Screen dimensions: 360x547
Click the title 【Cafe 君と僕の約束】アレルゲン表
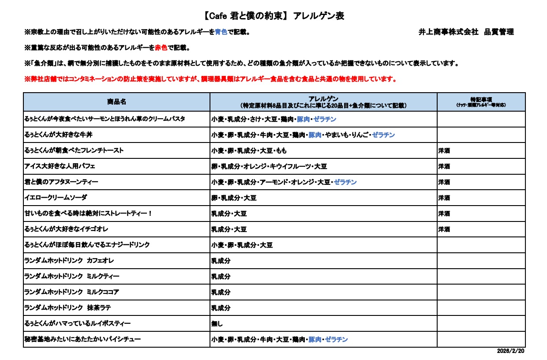click(274, 16)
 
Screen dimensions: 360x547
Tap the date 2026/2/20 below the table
click(511, 351)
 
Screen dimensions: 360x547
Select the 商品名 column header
click(116, 102)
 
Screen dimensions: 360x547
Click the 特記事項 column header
click(481, 100)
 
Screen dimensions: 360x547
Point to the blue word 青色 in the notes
click(221, 32)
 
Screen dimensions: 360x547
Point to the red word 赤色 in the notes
click(161, 48)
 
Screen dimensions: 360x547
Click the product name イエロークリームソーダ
click(56, 198)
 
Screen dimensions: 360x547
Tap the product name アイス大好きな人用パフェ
click(60, 166)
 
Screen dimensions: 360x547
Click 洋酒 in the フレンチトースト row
click(444, 151)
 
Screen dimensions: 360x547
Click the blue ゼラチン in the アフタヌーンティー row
click(345, 182)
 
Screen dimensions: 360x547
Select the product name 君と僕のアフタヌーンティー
click(61, 182)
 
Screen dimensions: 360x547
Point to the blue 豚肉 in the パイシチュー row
click(315, 340)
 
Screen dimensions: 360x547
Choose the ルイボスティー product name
click(77, 324)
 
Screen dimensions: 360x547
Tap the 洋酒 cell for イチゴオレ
click(444, 229)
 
